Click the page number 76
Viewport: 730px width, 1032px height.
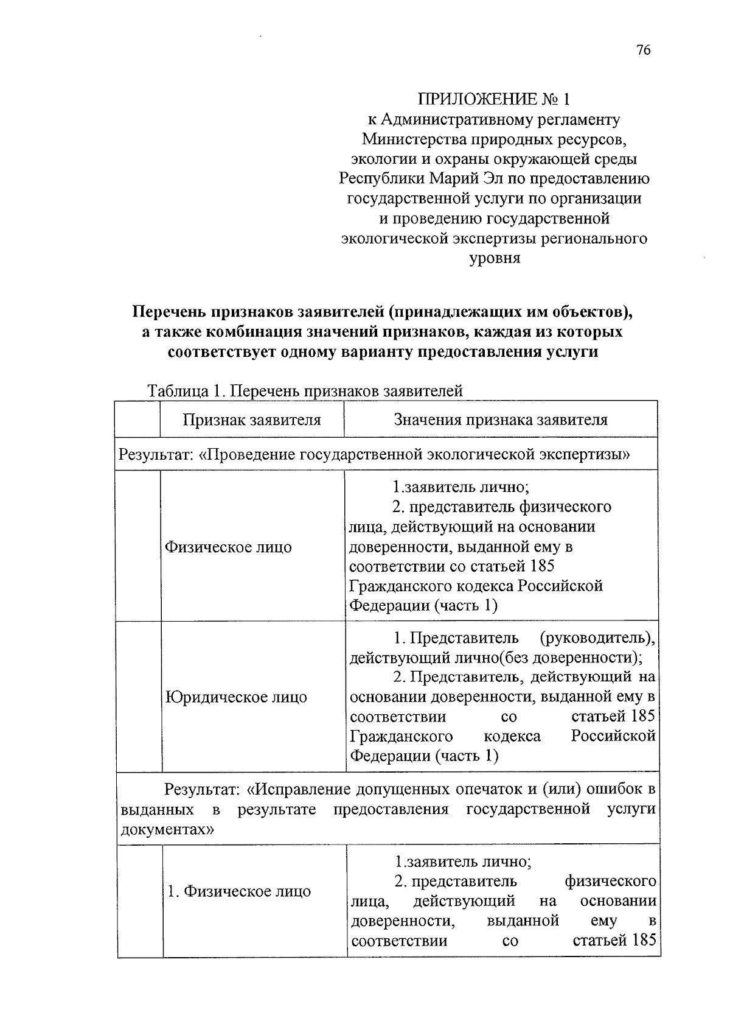tap(644, 51)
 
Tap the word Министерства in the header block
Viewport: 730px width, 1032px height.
tap(413, 139)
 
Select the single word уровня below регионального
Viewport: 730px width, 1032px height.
tap(494, 258)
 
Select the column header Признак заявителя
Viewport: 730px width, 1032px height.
tap(252, 419)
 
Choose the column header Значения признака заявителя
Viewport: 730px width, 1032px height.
tap(501, 419)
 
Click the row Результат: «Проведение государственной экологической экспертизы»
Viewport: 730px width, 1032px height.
tap(374, 454)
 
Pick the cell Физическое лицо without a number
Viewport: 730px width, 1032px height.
tap(229, 547)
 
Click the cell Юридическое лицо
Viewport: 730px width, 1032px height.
tap(237, 697)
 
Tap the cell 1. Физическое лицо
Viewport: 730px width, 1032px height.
tap(239, 891)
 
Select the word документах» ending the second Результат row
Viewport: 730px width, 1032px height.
tap(167, 829)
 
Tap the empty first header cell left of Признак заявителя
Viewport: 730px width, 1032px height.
tap(137, 419)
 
